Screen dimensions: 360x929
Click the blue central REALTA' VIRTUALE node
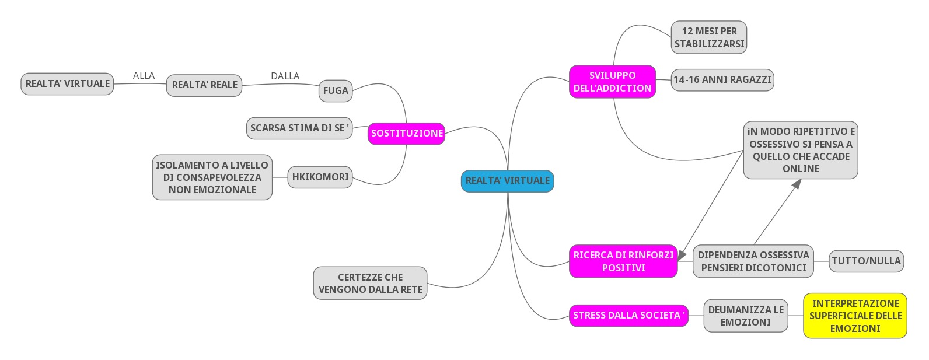(x=507, y=181)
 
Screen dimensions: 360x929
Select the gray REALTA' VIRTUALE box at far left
(x=67, y=84)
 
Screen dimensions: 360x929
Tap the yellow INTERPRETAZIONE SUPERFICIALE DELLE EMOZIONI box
(x=855, y=316)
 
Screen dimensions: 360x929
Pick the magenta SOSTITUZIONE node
(x=407, y=133)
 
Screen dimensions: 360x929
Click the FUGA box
(x=336, y=91)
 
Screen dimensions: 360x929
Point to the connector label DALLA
(x=285, y=76)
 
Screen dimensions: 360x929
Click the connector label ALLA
(x=144, y=75)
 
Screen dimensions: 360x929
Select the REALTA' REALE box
(x=204, y=85)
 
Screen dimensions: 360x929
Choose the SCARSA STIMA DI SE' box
(x=299, y=128)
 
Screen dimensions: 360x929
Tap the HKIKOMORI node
(x=320, y=177)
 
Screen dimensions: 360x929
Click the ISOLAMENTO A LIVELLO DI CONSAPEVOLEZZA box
(x=212, y=177)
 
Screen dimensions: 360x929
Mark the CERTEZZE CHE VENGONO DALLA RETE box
(x=370, y=284)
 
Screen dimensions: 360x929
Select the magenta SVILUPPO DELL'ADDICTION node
(x=612, y=82)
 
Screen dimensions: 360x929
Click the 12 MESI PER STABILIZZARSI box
(x=709, y=37)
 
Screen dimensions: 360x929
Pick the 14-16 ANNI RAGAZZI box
(x=722, y=80)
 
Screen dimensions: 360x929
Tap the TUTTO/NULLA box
(x=866, y=261)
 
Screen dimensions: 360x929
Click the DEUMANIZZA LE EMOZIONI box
(x=746, y=316)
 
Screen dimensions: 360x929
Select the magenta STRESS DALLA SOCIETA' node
(x=628, y=316)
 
